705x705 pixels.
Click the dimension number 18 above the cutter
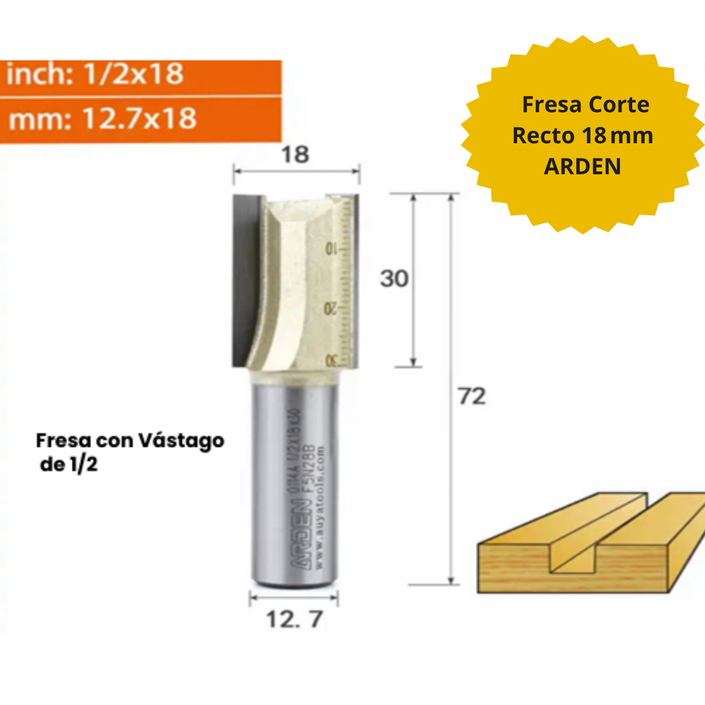click(x=295, y=155)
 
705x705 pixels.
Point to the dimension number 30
click(x=394, y=279)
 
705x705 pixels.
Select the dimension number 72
click(x=472, y=396)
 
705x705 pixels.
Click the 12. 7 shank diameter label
click(x=294, y=620)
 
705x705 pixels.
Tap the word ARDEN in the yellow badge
click(x=583, y=166)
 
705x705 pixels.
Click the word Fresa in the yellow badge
click(x=550, y=105)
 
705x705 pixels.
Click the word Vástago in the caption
click(x=181, y=441)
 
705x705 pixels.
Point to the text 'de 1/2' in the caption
click(x=69, y=465)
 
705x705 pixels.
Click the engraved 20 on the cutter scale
click(x=331, y=309)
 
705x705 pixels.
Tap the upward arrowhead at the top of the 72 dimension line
click(x=451, y=199)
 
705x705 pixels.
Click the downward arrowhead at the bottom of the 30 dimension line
click(x=413, y=362)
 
